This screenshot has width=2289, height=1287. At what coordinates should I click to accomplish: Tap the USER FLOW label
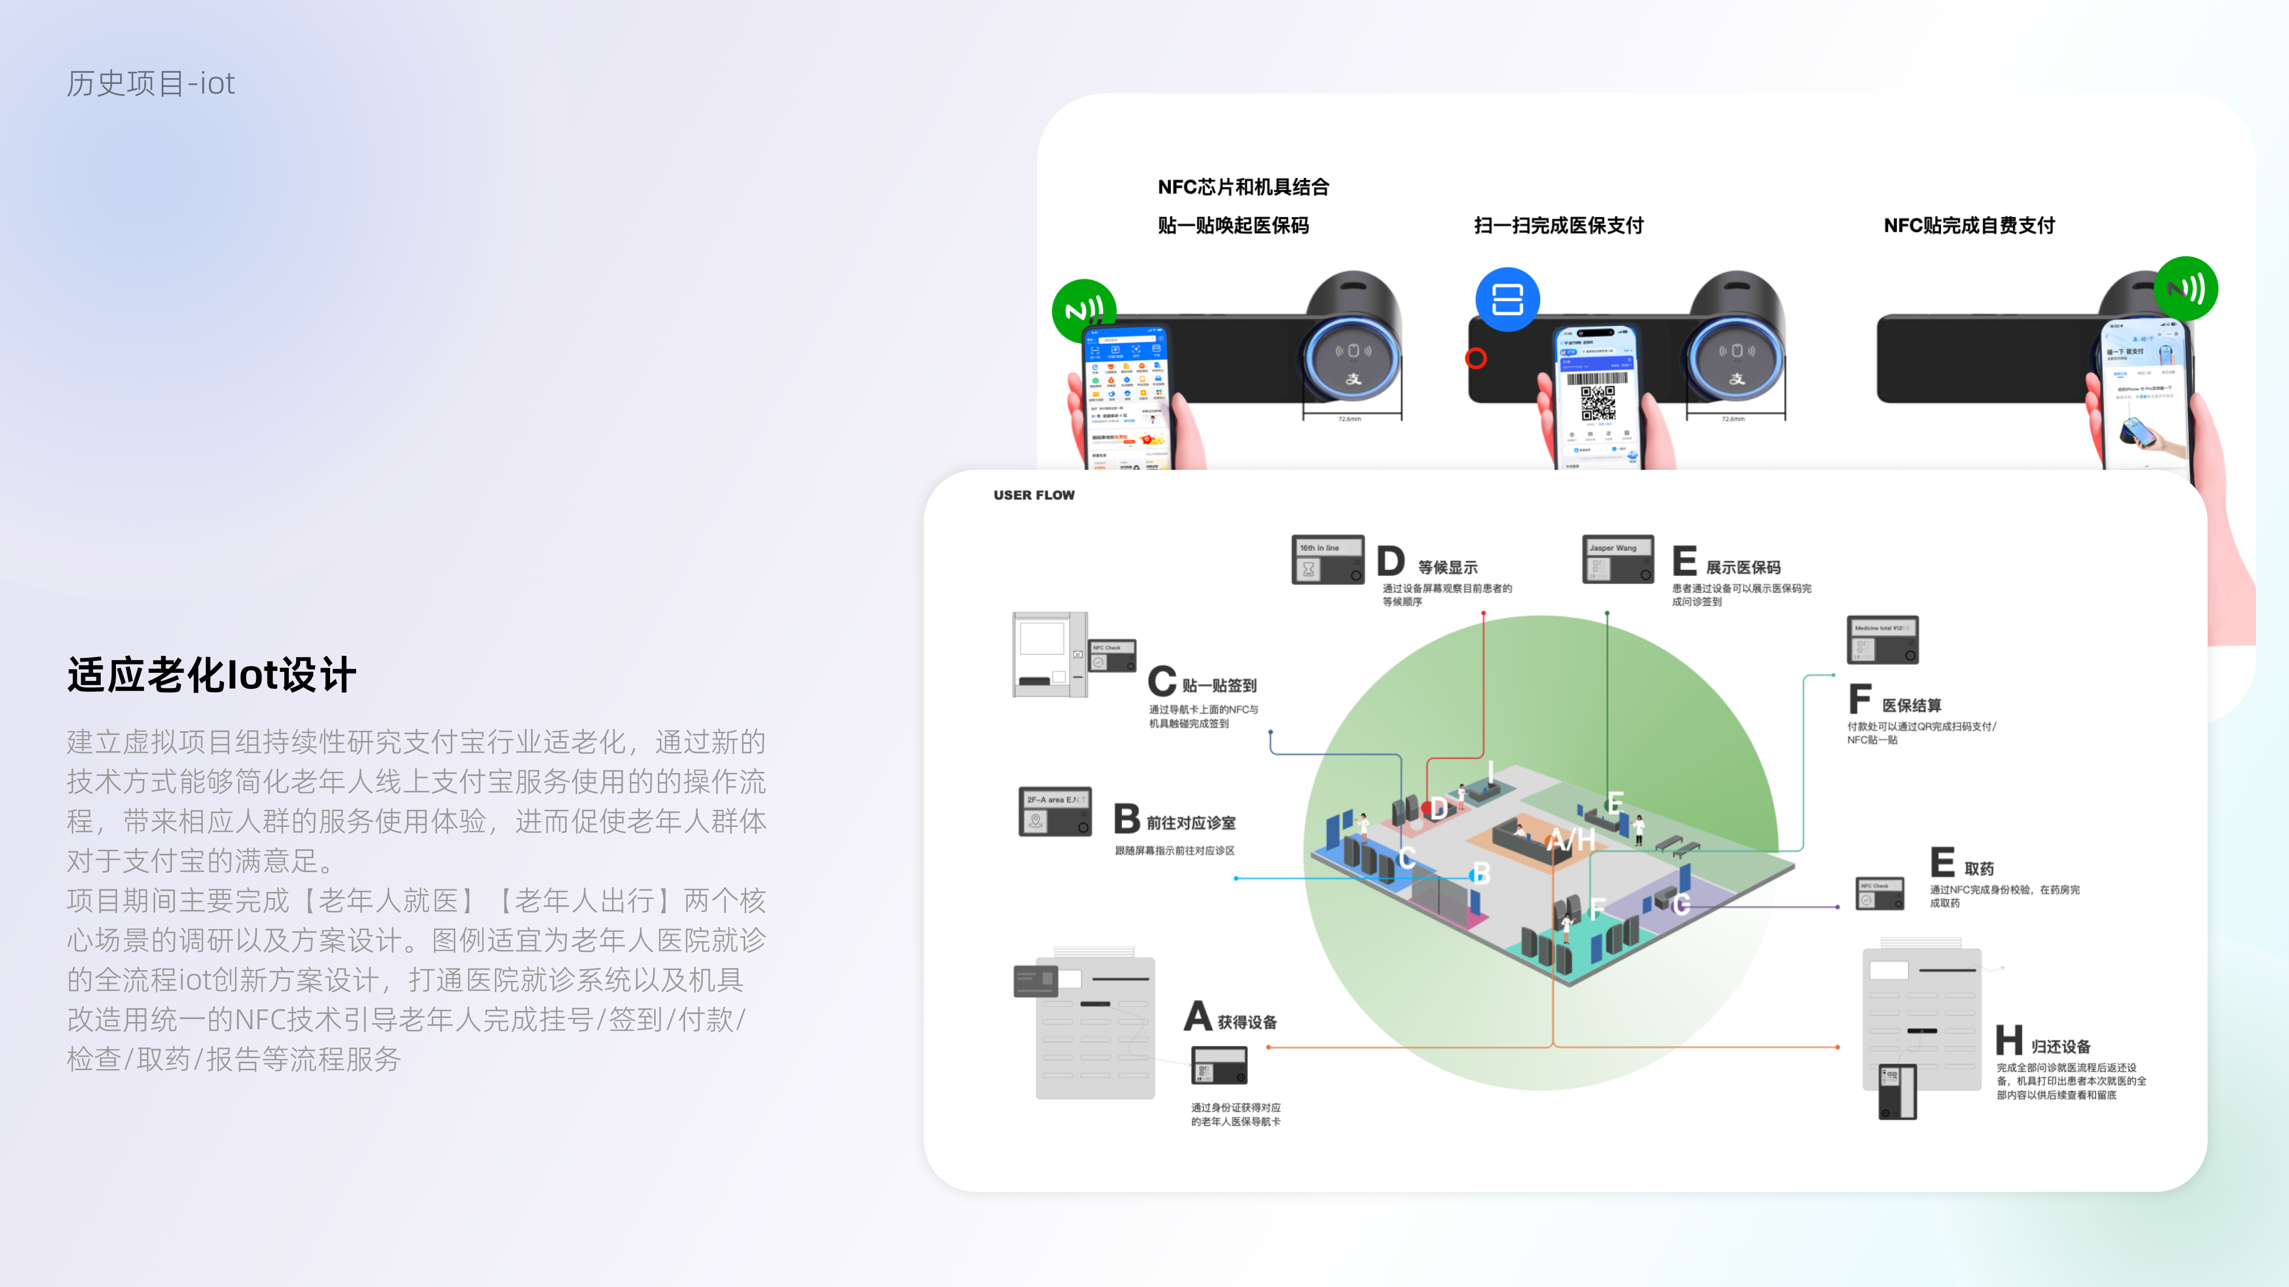[1034, 495]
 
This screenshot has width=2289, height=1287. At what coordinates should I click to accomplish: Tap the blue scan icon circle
[1507, 300]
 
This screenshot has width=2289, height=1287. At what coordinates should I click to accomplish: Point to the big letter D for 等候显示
[1391, 561]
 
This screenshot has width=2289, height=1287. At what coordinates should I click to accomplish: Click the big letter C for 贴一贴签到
[1161, 681]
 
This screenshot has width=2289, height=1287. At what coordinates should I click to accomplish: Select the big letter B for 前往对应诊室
[1127, 818]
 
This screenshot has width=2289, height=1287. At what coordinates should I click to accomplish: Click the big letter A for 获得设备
[1198, 1016]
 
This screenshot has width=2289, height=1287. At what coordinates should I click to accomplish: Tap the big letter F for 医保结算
[1860, 699]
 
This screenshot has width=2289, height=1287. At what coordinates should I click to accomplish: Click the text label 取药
[1979, 869]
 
